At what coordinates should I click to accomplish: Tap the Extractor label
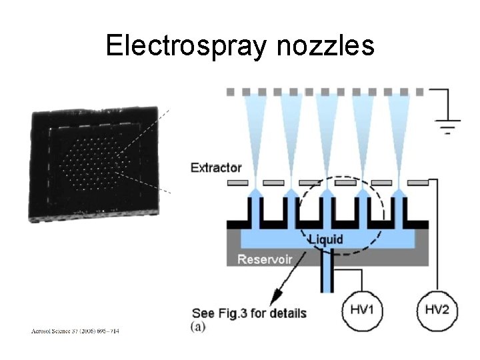[x=216, y=168]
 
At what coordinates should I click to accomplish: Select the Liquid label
[x=326, y=239]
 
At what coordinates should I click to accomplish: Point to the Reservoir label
[x=265, y=259]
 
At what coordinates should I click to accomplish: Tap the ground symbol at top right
[x=446, y=122]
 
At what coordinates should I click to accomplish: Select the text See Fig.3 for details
[x=249, y=313]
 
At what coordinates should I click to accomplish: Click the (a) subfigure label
[x=198, y=326]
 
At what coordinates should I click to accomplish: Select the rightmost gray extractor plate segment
[x=417, y=182]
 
